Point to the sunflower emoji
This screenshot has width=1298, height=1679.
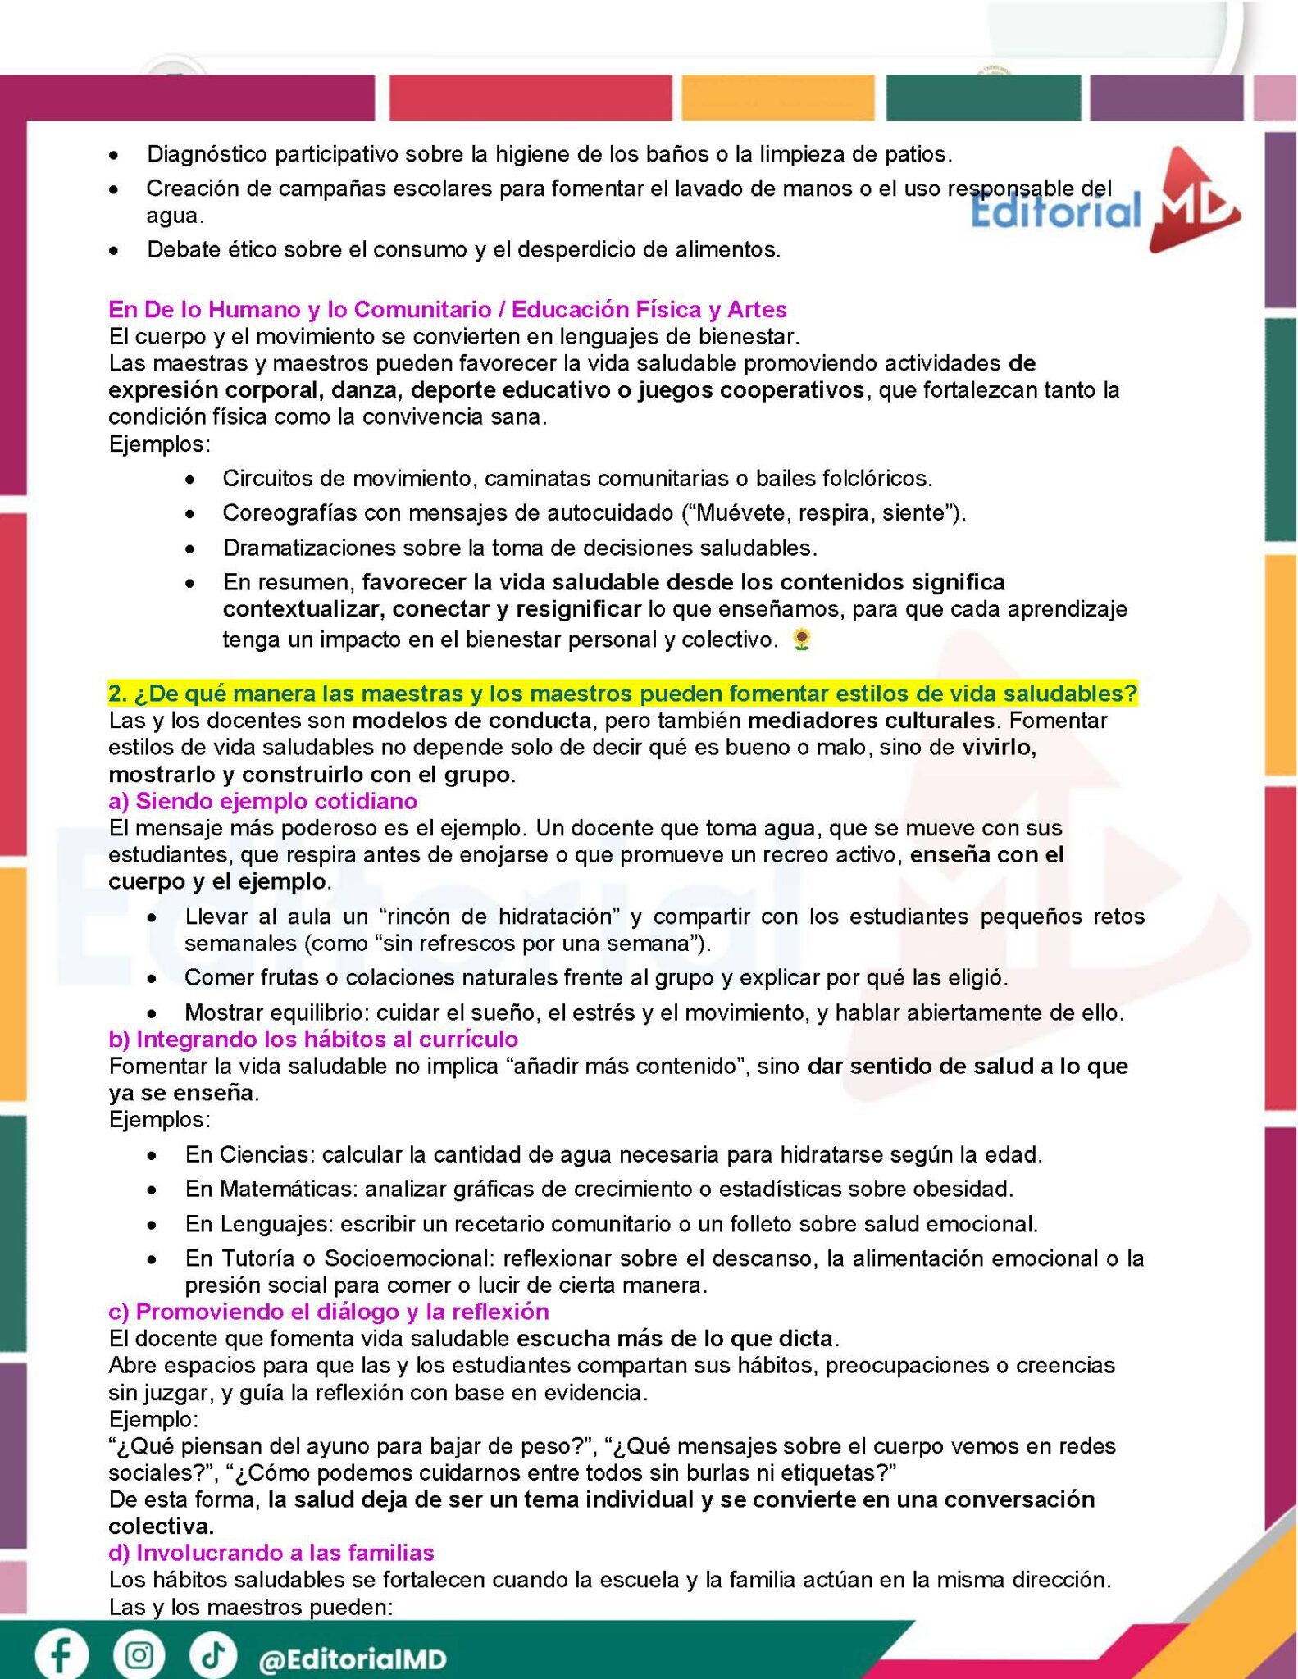click(802, 639)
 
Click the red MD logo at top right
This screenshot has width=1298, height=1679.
click(1193, 202)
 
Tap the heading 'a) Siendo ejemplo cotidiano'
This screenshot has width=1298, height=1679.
click(262, 800)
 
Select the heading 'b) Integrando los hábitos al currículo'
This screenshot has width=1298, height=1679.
click(313, 1039)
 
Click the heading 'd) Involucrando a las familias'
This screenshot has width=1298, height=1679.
click(271, 1553)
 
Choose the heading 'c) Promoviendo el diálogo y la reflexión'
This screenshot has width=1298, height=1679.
click(328, 1312)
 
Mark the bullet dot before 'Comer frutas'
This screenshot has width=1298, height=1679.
click(153, 978)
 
